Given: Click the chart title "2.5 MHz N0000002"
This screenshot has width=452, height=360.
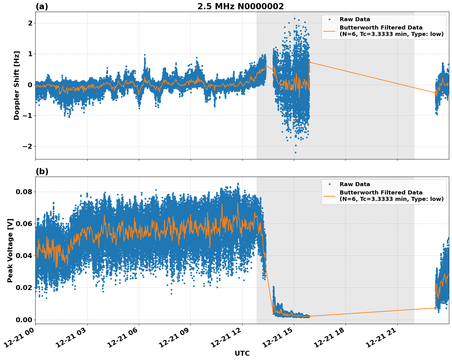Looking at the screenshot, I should click(x=240, y=6).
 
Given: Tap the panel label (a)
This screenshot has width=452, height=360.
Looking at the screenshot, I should click(x=42, y=6).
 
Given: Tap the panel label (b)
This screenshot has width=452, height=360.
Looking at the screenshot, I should click(x=42, y=171).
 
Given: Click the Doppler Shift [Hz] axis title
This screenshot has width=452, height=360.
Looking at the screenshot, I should click(x=17, y=85).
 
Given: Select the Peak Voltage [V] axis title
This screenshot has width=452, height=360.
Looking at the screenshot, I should click(x=10, y=250).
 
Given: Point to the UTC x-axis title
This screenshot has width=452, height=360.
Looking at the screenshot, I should click(x=242, y=353).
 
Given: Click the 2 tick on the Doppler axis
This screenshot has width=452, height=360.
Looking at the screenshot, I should click(x=30, y=23).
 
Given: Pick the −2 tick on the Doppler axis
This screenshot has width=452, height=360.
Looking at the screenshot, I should click(x=28, y=147).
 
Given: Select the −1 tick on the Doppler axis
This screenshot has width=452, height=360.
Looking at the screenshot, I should click(x=28, y=116).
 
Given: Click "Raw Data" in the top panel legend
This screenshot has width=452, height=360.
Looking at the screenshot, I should click(x=355, y=19).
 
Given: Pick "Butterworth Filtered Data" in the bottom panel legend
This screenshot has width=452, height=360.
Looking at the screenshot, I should click(x=381, y=193).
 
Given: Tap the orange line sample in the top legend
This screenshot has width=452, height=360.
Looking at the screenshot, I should click(x=329, y=31).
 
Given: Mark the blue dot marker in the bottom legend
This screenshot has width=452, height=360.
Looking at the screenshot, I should click(x=329, y=184).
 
